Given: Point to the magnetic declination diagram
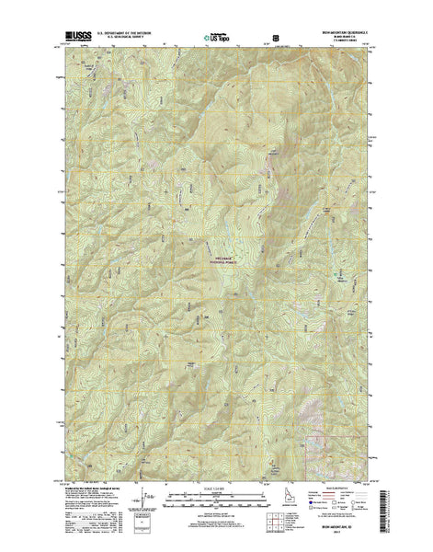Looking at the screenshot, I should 148,497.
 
